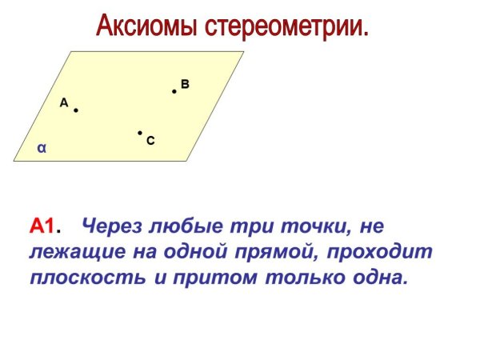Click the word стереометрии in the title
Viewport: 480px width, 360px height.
[287, 26]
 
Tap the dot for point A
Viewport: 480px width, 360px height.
[76, 110]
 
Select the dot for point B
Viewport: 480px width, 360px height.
[174, 91]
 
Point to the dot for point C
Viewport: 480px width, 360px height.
[139, 133]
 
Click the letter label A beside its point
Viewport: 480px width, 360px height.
[64, 102]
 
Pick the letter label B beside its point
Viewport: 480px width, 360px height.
[185, 83]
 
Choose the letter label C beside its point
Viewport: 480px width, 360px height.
[150, 141]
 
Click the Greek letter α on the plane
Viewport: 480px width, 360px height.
[42, 147]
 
